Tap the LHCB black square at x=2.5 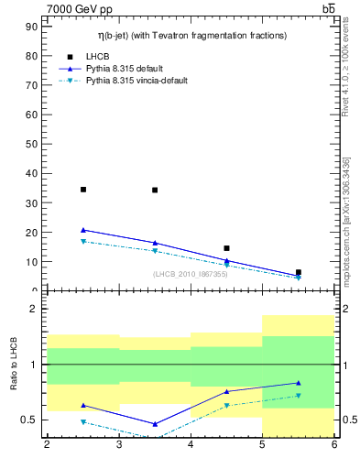click(x=83, y=190)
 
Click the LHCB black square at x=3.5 click(x=155, y=190)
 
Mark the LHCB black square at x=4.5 click(x=226, y=248)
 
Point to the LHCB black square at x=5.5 click(x=299, y=272)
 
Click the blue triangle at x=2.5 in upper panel click(x=83, y=230)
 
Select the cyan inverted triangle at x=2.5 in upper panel click(x=83, y=242)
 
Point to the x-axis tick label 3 click(x=119, y=445)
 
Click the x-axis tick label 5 click(x=263, y=445)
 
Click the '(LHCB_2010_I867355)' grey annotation click(x=190, y=274)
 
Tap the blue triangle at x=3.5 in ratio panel click(x=155, y=424)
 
